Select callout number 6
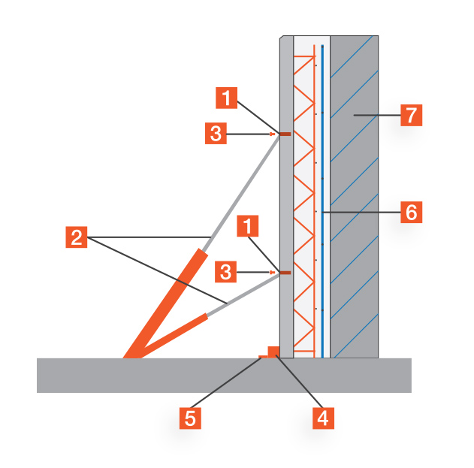pos(410,213)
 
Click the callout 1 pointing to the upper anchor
pos(228,97)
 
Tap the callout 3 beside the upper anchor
pos(216,134)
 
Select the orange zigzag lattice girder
pos(304,203)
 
